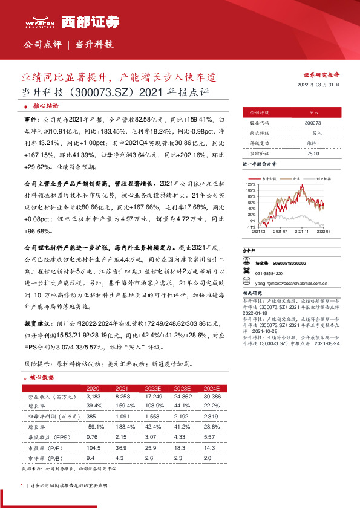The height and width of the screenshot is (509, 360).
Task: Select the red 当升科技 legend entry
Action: pyautogui.click(x=270, y=179)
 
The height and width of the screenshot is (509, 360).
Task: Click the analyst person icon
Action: pyautogui.click(x=246, y=262)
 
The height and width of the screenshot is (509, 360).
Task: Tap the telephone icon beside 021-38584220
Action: pyautogui.click(x=246, y=272)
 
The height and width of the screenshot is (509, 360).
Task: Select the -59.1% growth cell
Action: pyautogui.click(x=93, y=426)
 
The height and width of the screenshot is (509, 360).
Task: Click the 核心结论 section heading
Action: pyautogui.click(x=46, y=105)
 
